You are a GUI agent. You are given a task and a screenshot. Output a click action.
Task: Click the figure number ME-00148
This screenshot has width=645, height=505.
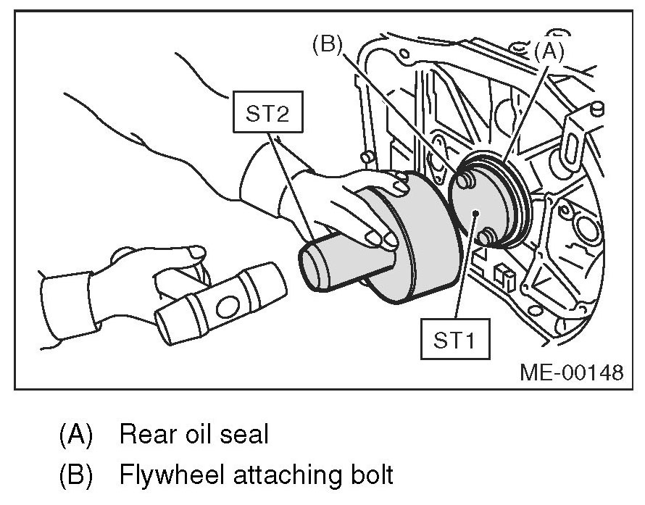tap(571, 372)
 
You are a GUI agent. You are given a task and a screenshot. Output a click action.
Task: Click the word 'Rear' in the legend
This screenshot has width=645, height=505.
tap(144, 435)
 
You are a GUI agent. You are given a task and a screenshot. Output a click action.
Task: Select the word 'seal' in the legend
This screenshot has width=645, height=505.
tap(243, 435)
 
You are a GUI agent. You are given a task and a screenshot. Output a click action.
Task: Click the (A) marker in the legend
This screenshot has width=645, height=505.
tap(77, 435)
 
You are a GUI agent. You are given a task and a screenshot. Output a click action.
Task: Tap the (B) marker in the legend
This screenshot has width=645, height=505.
tap(77, 476)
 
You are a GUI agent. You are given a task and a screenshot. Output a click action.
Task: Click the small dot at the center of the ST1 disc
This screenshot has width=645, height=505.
tap(474, 212)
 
